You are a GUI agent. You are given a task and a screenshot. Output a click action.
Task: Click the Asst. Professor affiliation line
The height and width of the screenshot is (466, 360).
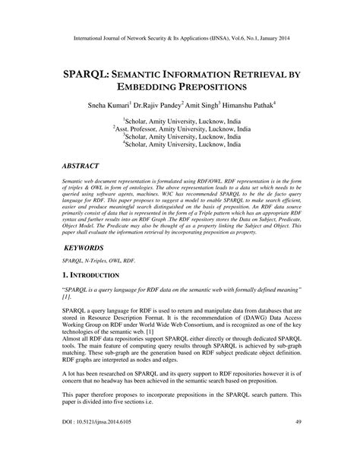(180, 130)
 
